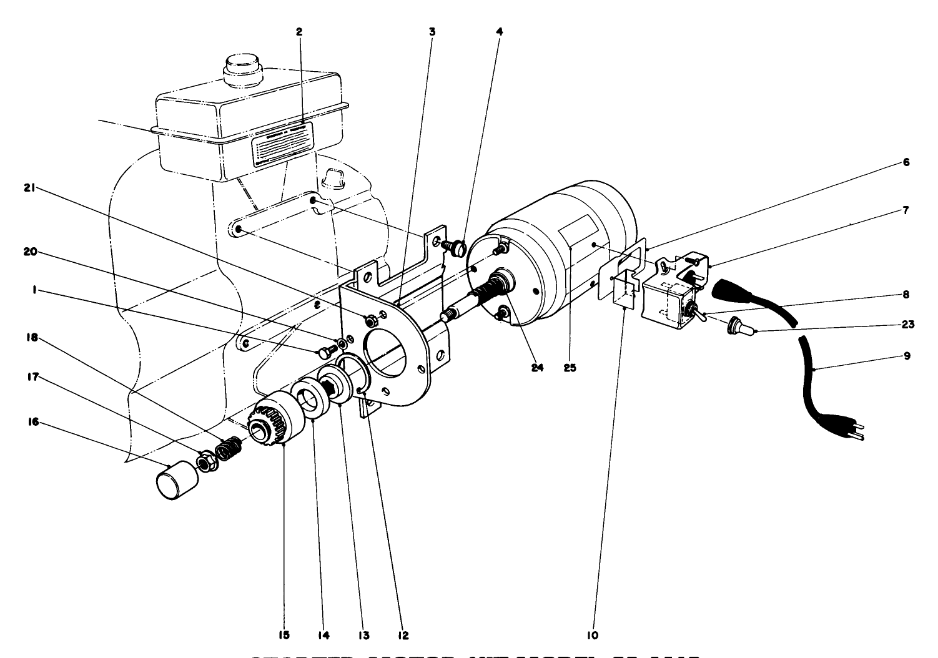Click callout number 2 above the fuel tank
[x=300, y=31]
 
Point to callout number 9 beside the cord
[x=906, y=356]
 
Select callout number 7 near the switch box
[x=906, y=210]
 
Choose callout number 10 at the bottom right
[x=593, y=636]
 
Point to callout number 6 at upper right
[x=906, y=162]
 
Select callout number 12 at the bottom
[x=403, y=636]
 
